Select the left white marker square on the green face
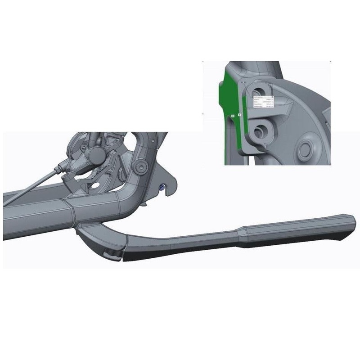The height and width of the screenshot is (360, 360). (233, 116)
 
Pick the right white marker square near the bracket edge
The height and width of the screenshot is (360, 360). (240, 115)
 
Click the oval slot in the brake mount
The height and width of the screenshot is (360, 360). (95, 184)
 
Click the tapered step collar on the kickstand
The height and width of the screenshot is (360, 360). (239, 236)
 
